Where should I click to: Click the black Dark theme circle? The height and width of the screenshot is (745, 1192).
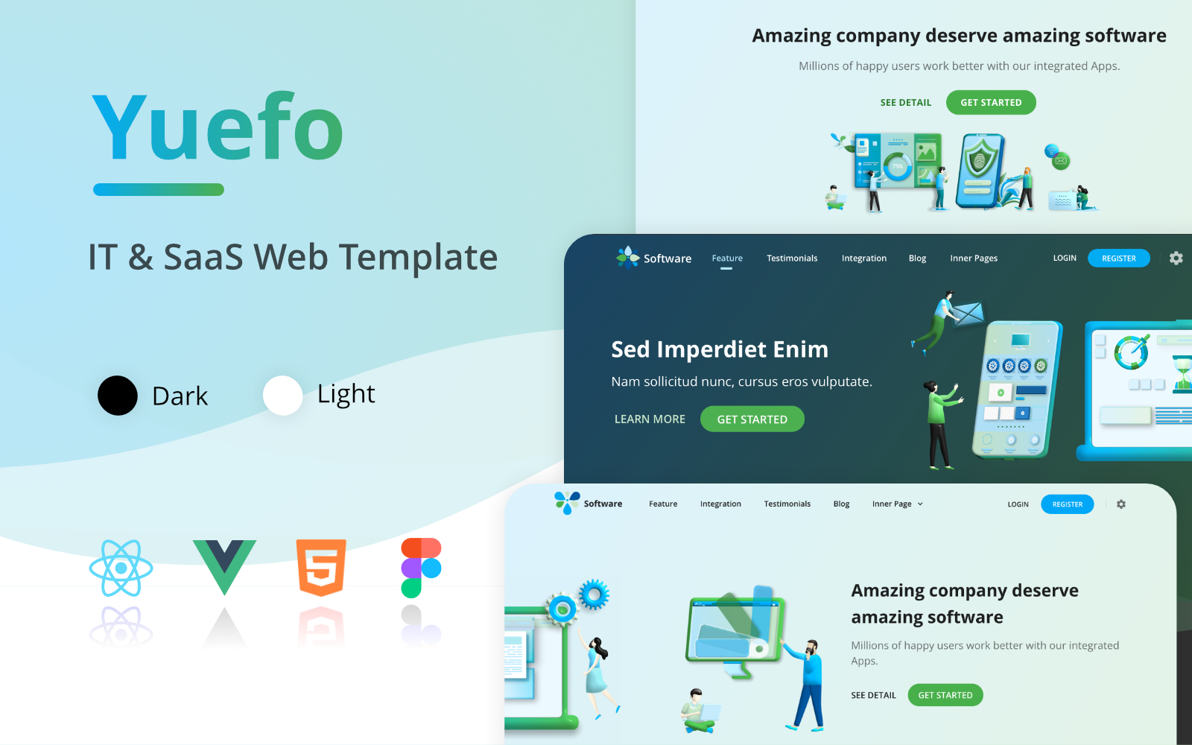[x=118, y=396]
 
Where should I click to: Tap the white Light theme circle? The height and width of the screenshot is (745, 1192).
[x=282, y=396]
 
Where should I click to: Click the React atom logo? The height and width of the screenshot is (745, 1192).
[x=121, y=568]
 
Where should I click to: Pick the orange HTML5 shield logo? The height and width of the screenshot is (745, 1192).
[x=321, y=567]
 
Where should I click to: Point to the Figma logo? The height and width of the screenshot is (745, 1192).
[x=421, y=568]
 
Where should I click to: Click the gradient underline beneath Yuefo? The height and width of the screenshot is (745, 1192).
[x=159, y=189]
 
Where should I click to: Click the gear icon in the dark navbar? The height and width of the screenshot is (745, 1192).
[x=1176, y=258]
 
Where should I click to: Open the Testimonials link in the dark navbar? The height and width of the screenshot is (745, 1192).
[x=792, y=258]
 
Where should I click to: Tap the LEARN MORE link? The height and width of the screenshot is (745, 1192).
[x=650, y=419]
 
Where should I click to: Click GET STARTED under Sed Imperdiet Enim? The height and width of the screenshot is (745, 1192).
[x=752, y=419]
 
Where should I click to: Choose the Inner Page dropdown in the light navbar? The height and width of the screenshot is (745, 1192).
[x=897, y=504]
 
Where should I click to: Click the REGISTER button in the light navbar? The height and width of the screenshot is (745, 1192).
[x=1067, y=504]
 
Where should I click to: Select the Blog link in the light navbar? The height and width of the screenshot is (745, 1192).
[x=841, y=504]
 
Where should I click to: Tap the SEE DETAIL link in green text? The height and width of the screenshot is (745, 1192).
[x=906, y=103]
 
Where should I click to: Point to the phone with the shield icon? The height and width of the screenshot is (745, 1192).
[x=980, y=171]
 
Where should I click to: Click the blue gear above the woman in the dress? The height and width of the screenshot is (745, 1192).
[x=594, y=595]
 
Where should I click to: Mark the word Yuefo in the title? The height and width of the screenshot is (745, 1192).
[x=218, y=126]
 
